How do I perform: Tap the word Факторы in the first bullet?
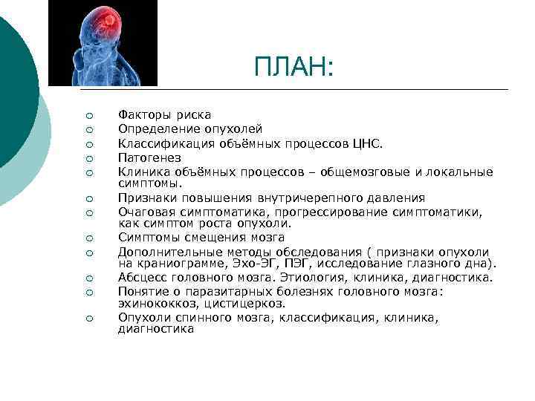141,115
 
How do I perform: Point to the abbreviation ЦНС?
347,143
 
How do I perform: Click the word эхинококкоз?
153,304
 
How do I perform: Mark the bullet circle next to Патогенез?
88,158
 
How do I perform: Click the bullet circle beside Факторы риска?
88,116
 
